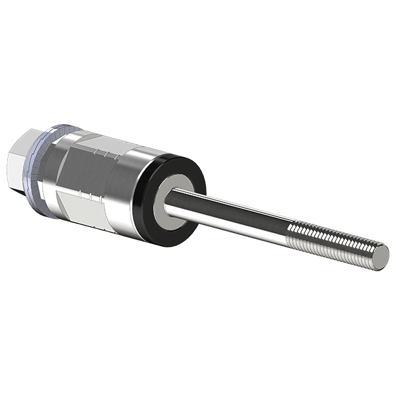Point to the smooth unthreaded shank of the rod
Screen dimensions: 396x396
click(x=231, y=214)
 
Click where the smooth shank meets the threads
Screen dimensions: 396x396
click(x=290, y=230)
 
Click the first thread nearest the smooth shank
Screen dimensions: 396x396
click(x=293, y=230)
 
